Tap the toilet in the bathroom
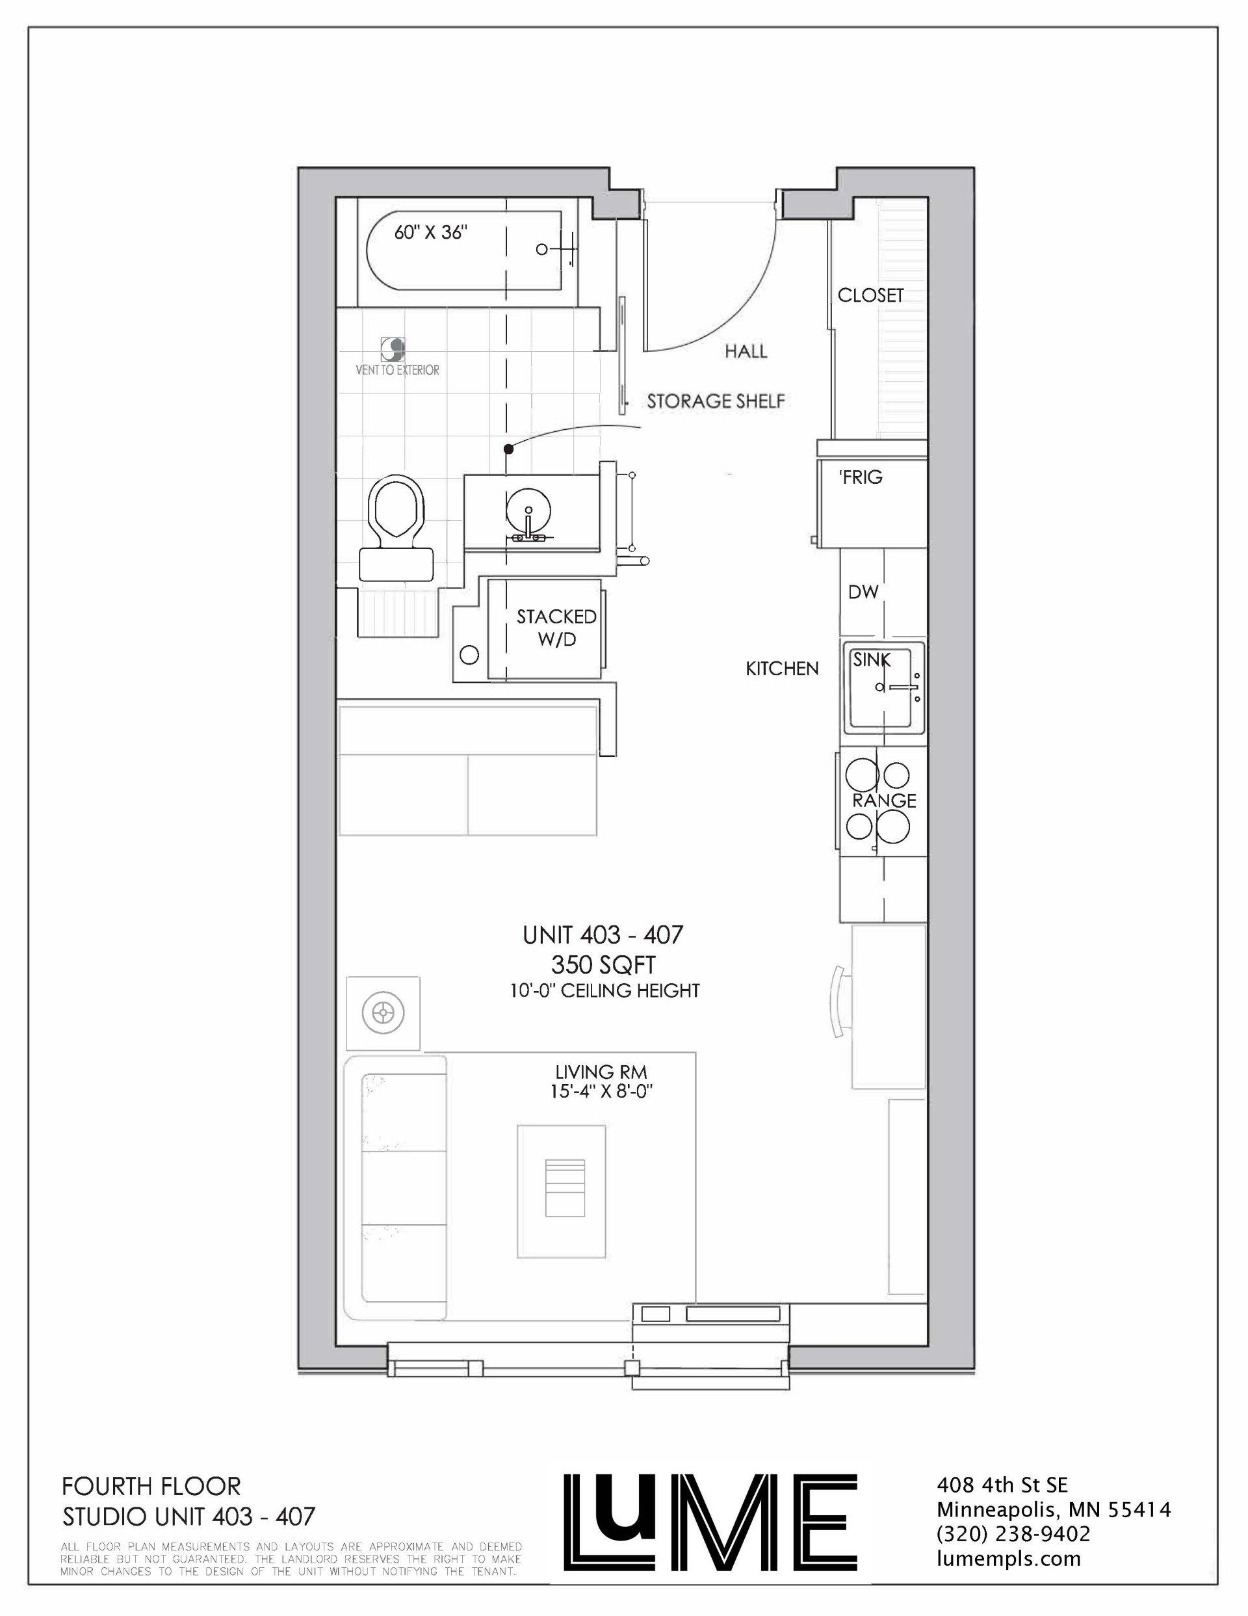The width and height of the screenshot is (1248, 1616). point(395,528)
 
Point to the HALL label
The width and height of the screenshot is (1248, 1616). point(746,351)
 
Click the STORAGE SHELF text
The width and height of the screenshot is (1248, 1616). point(716,401)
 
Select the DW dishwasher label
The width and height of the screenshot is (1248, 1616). point(863,592)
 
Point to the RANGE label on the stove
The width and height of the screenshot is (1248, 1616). point(885,801)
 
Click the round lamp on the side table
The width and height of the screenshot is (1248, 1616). point(383,1011)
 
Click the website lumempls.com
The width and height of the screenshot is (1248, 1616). point(1008,1539)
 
